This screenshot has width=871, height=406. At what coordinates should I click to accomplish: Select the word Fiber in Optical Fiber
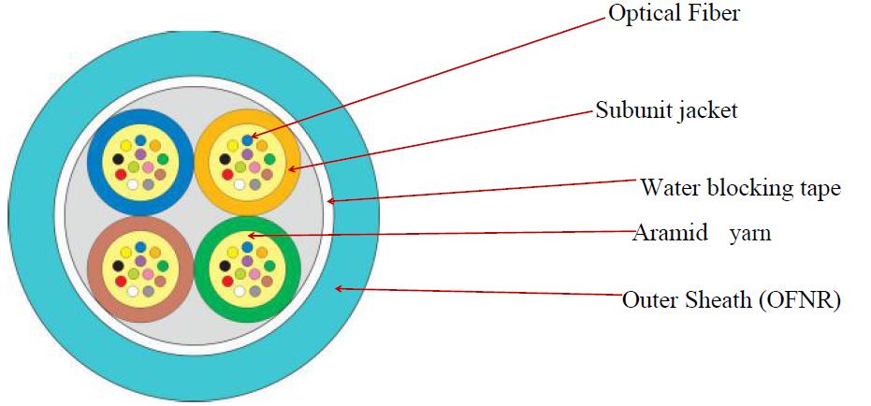716,12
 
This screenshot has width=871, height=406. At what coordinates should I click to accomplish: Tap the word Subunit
631,109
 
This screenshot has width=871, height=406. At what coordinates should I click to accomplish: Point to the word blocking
748,188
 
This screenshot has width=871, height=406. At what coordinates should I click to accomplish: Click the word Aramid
671,232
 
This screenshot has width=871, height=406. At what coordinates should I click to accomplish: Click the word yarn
750,234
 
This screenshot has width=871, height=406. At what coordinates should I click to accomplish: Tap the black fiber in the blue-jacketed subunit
118,159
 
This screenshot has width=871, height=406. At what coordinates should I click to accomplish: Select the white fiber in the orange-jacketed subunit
240,185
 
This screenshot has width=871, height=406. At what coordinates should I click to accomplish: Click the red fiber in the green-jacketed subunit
227,281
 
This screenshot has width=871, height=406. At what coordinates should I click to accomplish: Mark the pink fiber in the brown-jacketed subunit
148,274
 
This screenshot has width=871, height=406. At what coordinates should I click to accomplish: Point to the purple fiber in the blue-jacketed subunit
140,153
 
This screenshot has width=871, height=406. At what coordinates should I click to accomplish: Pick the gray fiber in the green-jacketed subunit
255,291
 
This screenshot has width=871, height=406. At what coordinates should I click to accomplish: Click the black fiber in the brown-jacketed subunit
118,266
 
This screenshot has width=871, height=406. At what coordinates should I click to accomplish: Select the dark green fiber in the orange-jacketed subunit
269,159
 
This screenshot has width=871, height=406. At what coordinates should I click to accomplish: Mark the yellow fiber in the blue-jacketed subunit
126,146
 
